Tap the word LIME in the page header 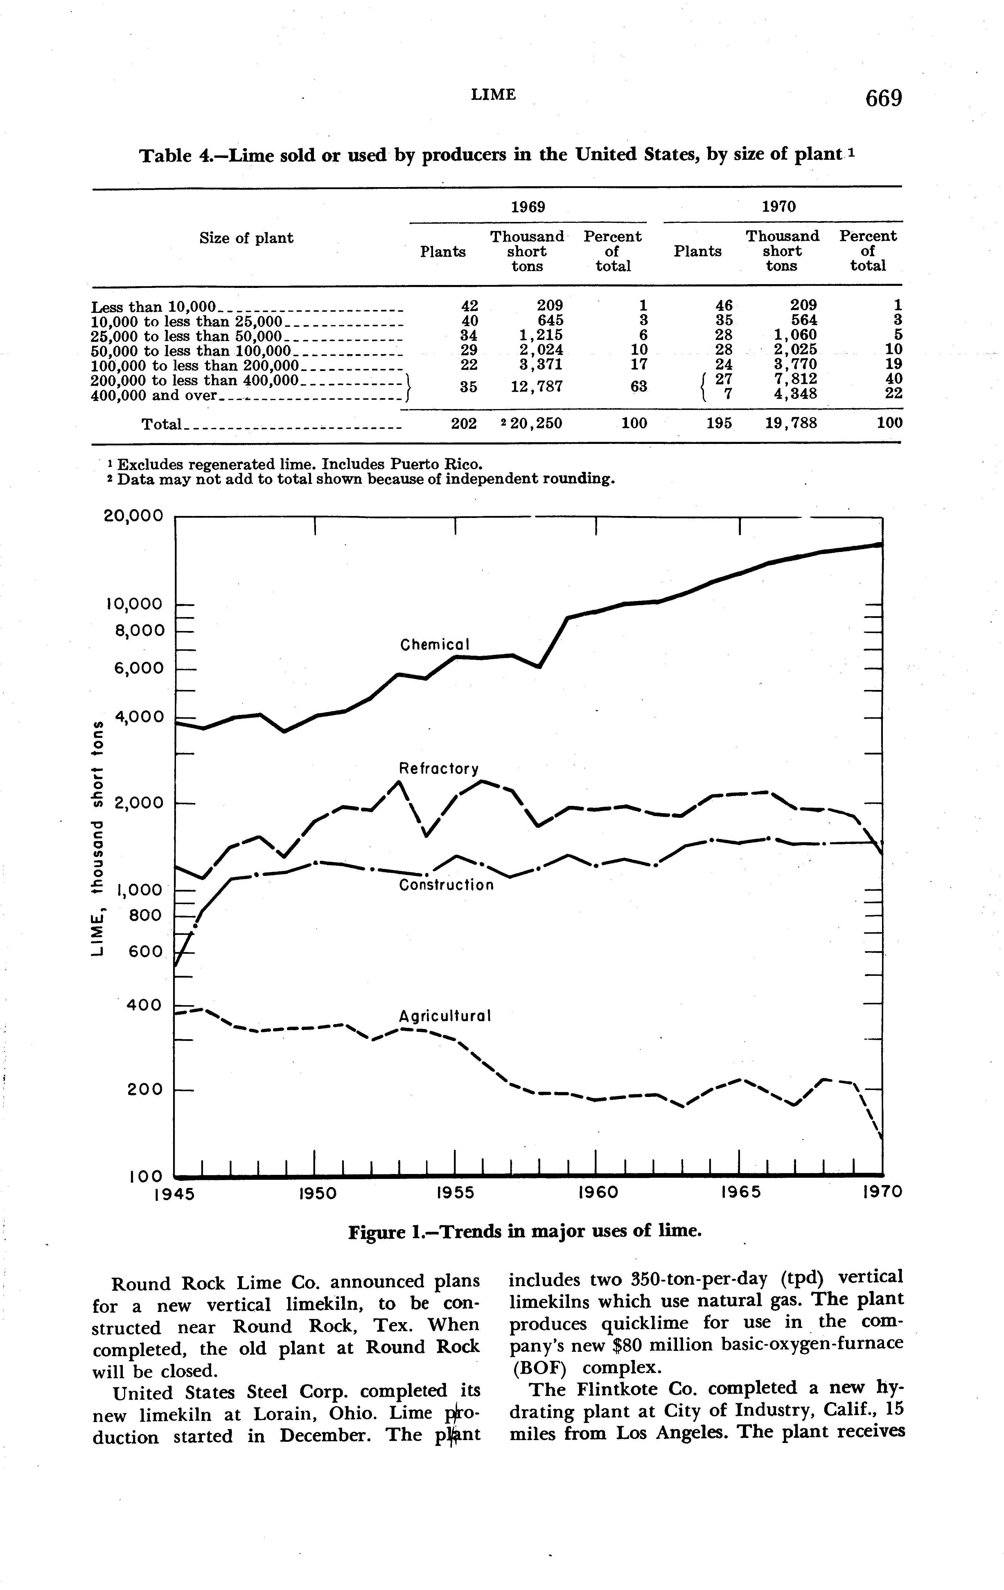493,94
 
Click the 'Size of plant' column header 246,238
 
